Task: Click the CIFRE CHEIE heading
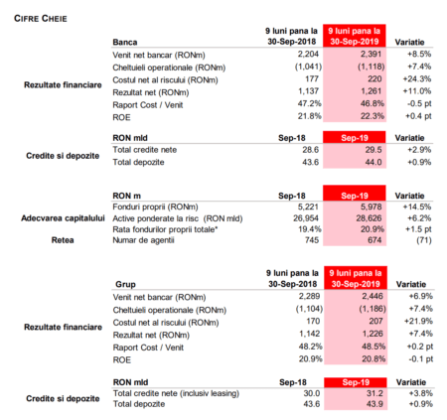pos(41,19)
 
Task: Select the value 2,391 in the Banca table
pos(371,54)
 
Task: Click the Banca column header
pos(125,42)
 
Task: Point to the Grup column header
pos(125,284)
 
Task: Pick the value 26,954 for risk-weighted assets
pos(306,218)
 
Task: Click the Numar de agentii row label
pos(143,240)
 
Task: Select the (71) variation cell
pos(424,240)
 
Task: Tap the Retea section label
pos(63,240)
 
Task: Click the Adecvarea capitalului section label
pos(63,218)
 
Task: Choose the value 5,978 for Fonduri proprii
pos(371,208)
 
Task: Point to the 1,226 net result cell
pos(372,334)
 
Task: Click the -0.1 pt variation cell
pos(420,359)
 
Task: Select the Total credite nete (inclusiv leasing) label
pos(176,393)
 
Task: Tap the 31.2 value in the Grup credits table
pos(374,393)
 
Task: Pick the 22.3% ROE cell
pos(372,116)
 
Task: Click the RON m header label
pos(126,196)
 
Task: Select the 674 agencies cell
pos(374,240)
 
